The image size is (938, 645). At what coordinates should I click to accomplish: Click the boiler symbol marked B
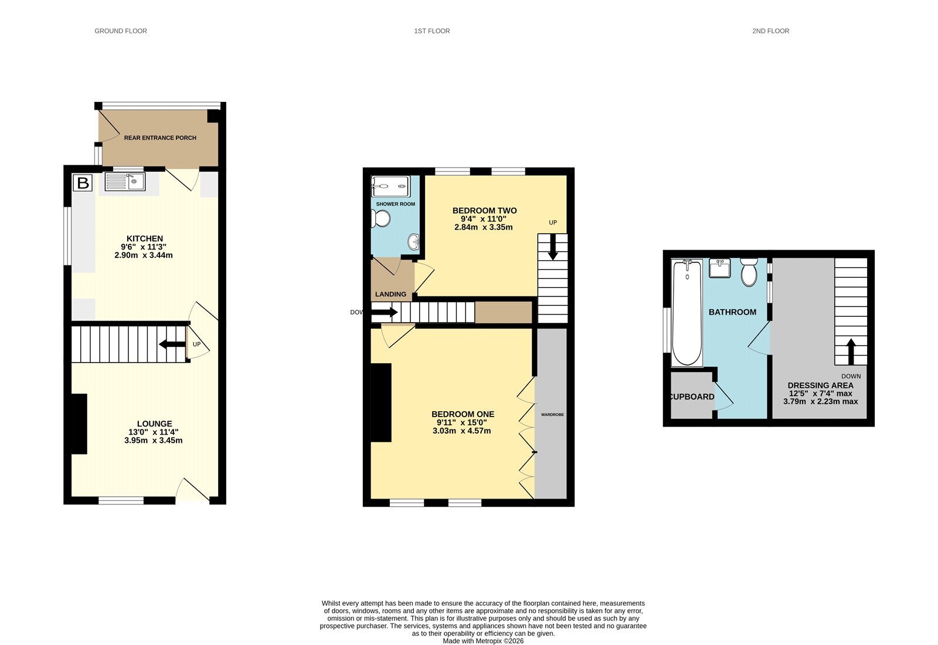click(83, 183)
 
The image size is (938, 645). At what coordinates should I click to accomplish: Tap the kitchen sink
click(125, 182)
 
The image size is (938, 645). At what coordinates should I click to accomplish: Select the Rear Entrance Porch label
click(160, 138)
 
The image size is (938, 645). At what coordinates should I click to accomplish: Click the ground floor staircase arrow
click(172, 344)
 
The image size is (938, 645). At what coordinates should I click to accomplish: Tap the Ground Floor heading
click(121, 31)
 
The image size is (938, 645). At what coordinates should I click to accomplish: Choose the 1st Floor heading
click(431, 31)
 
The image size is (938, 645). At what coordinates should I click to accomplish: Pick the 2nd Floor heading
click(770, 31)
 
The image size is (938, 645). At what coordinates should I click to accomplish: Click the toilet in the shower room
click(380, 219)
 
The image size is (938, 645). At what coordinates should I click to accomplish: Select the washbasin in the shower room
click(414, 242)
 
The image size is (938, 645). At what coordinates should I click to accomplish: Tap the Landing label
click(390, 294)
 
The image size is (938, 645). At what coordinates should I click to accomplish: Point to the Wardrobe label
click(552, 415)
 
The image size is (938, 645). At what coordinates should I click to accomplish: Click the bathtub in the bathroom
click(686, 313)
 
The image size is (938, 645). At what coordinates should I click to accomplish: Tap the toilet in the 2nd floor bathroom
click(749, 272)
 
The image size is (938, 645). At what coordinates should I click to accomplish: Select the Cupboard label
click(692, 397)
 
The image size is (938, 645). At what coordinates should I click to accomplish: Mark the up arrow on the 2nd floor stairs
click(851, 351)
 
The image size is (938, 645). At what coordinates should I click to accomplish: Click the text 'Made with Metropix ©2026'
click(483, 641)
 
